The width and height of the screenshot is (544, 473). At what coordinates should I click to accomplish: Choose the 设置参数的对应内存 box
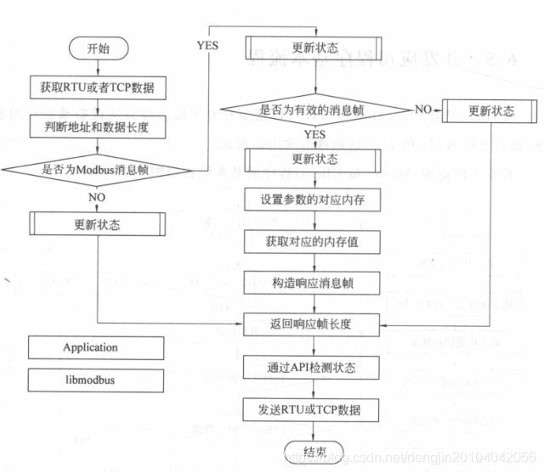tap(308, 200)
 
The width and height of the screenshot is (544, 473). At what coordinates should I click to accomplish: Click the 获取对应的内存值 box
tap(308, 241)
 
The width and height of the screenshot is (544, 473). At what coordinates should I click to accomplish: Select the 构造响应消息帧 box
tap(308, 281)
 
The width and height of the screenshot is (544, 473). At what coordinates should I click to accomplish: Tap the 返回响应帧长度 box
tap(308, 324)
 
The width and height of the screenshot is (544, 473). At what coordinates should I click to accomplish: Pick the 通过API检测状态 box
tap(308, 368)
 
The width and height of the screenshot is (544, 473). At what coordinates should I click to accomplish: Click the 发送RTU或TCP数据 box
tap(308, 410)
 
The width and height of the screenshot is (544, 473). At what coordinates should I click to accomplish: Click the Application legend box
tap(96, 348)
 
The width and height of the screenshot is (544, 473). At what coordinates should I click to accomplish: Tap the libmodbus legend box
tap(96, 380)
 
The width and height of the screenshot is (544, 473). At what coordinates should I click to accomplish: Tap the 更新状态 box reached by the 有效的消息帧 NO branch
tap(491, 111)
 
